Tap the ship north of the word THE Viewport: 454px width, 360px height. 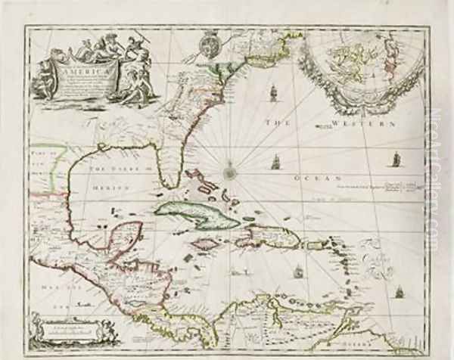tap(271, 95)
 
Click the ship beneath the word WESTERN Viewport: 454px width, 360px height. tap(394, 158)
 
